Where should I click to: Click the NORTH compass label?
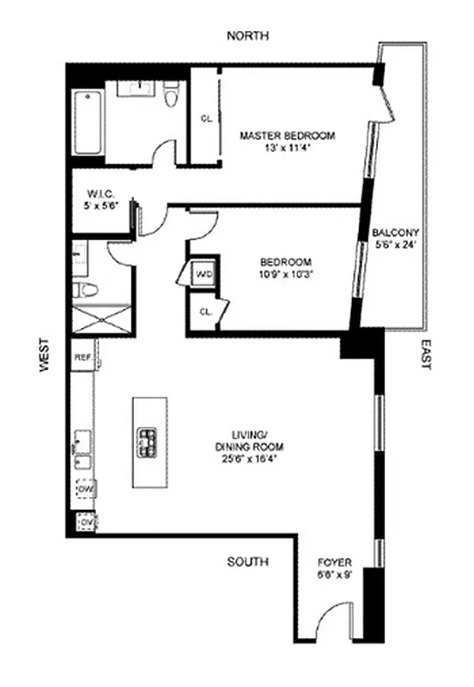(248, 36)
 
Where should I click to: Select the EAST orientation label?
(424, 353)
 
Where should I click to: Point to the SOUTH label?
(247, 562)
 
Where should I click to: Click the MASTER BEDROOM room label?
(287, 136)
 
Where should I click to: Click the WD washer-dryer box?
(204, 274)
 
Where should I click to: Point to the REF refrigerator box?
(82, 356)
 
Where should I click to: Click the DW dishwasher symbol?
(84, 489)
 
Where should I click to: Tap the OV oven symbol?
(85, 520)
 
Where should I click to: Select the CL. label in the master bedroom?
(206, 119)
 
